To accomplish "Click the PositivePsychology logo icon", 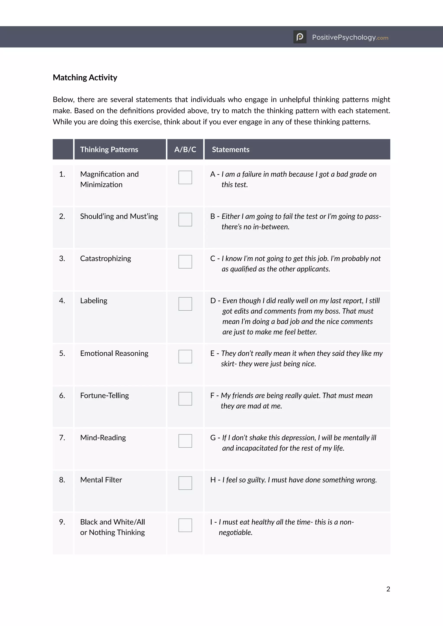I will pos(300,37).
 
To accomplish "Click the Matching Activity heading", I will pos(85,77).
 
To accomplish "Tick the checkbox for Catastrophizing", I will pos(185,262).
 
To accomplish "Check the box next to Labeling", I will pos(185,304).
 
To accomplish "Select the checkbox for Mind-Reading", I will pos(185,441).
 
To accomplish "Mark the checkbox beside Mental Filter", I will pos(185,483).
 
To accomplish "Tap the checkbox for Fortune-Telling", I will pos(185,399).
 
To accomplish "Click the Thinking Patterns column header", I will pos(109,149).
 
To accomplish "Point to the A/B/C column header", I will pos(185,149).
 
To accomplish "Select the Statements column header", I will pos(231,149).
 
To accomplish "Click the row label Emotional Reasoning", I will pos(114,353).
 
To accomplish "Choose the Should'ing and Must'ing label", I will pos(119,216).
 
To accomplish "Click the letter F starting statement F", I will pos(212,396).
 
